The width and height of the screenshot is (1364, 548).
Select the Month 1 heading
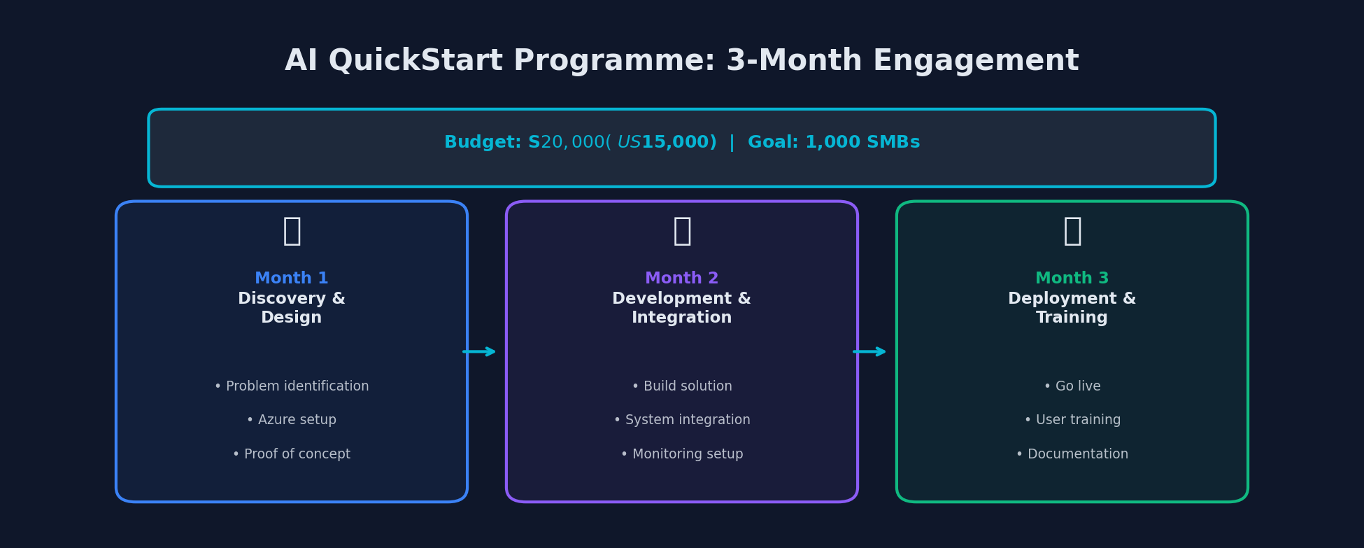pyautogui.click(x=292, y=279)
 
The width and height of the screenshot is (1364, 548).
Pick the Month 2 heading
pyautogui.click(x=682, y=279)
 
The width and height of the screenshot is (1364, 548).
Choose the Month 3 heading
pyautogui.click(x=1072, y=279)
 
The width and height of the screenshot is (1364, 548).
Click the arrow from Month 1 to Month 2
pyautogui.click(x=480, y=351)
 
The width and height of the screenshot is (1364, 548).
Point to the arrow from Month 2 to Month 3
pyautogui.click(x=870, y=351)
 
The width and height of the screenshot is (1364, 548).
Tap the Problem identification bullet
pyautogui.click(x=292, y=386)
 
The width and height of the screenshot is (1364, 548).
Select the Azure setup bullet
pyautogui.click(x=292, y=420)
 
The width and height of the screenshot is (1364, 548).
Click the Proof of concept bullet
pyautogui.click(x=292, y=454)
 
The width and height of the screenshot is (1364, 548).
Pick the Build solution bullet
pyautogui.click(x=682, y=386)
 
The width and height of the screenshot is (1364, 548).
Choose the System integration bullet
pyautogui.click(x=682, y=420)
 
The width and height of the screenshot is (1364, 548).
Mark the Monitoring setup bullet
pyautogui.click(x=682, y=454)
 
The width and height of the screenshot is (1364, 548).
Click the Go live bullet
pyautogui.click(x=1072, y=386)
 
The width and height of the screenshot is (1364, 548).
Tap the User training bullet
pyautogui.click(x=1072, y=420)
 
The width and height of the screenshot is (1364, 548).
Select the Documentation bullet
pyautogui.click(x=1072, y=454)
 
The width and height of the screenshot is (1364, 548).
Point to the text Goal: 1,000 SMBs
pyautogui.click(x=834, y=143)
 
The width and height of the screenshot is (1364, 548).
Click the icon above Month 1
pyautogui.click(x=292, y=231)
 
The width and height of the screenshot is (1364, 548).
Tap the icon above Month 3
pyautogui.click(x=1072, y=231)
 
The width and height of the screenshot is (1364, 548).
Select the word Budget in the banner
pyautogui.click(x=482, y=143)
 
